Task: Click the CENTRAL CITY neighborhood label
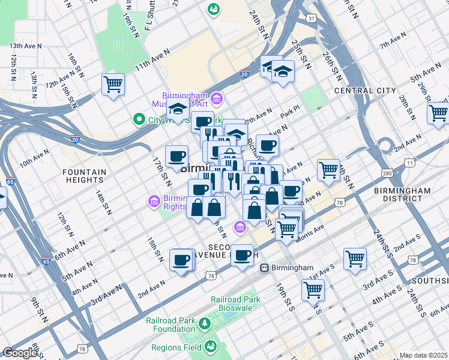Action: [365, 91]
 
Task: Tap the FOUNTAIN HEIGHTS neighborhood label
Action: [84, 176]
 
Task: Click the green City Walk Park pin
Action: [140, 119]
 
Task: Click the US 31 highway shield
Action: [310, 19]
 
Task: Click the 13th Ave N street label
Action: [25, 45]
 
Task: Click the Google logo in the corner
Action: [20, 353]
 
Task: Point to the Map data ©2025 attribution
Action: [423, 355]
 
